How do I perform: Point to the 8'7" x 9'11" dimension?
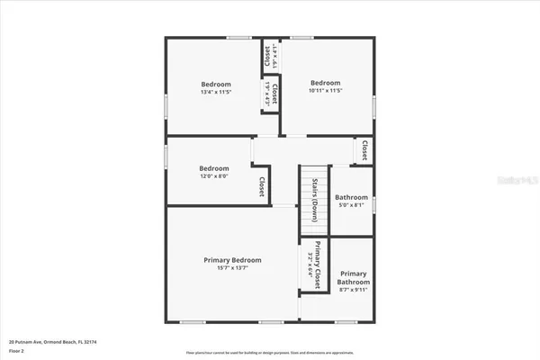pyautogui.click(x=353, y=290)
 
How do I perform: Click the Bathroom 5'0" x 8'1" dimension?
pyautogui.click(x=351, y=205)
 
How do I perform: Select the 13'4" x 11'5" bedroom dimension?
pyautogui.click(x=215, y=92)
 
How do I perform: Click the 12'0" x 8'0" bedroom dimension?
pyautogui.click(x=213, y=176)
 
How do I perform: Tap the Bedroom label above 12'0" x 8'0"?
pyautogui.click(x=213, y=168)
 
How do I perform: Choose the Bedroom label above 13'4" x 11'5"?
pyautogui.click(x=215, y=84)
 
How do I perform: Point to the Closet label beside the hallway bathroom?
pyautogui.click(x=364, y=149)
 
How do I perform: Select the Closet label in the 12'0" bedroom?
pyautogui.click(x=262, y=187)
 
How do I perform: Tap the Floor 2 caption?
pyautogui.click(x=17, y=351)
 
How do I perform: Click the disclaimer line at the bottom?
pyautogui.click(x=269, y=352)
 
